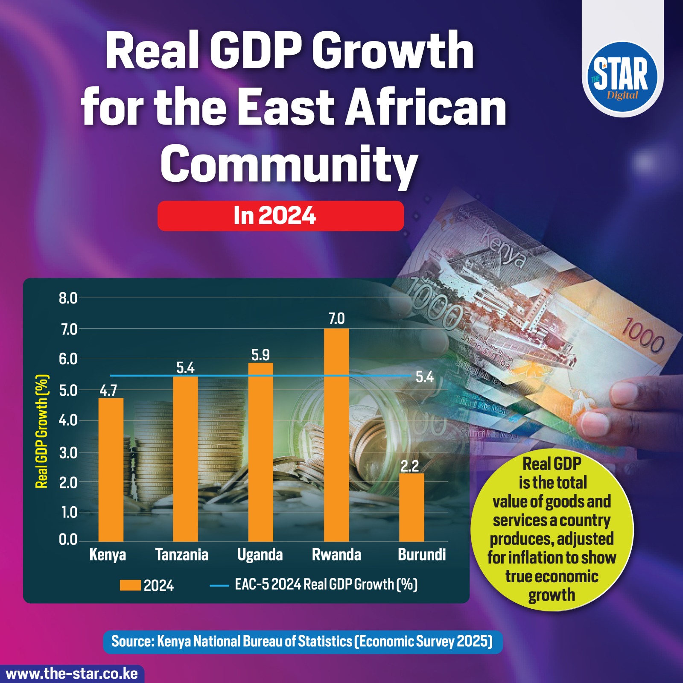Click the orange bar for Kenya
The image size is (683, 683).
click(x=111, y=470)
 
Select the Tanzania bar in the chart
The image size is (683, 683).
click(x=185, y=459)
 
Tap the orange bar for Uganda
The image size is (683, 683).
click(x=260, y=452)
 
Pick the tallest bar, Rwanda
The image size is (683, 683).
click(x=336, y=435)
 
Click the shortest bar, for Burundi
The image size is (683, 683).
click(x=412, y=508)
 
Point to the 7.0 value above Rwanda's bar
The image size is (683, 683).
click(x=336, y=318)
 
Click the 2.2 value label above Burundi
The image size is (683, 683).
click(x=410, y=466)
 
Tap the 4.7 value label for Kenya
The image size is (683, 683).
click(x=108, y=391)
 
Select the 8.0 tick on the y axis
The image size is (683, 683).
click(x=68, y=298)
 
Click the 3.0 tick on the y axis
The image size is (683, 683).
click(x=68, y=452)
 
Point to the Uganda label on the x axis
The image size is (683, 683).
click(x=260, y=555)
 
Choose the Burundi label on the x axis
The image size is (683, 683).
click(x=422, y=555)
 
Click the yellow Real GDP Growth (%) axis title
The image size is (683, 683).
click(x=41, y=431)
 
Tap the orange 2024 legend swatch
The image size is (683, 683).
click(x=130, y=585)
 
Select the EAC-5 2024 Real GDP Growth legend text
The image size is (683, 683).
click(x=326, y=584)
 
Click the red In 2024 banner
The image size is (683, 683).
click(x=281, y=216)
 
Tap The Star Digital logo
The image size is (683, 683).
click(x=622, y=78)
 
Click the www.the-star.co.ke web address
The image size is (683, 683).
click(x=72, y=674)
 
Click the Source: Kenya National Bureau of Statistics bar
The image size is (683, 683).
click(x=303, y=641)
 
